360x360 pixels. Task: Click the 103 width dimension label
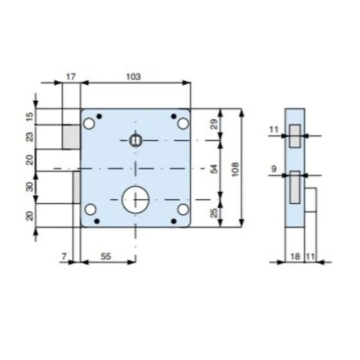pos(133,77)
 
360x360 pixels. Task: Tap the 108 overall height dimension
pos(235,169)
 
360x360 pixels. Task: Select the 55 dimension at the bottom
pos(106,256)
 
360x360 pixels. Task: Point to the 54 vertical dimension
pos(214,168)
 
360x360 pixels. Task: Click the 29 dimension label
pos(214,124)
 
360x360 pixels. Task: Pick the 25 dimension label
pos(214,212)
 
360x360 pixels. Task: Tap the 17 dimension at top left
pos(71,77)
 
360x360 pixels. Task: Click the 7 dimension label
pos(64,256)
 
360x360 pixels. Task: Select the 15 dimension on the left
pos(30,117)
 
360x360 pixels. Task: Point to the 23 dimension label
pos(30,137)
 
